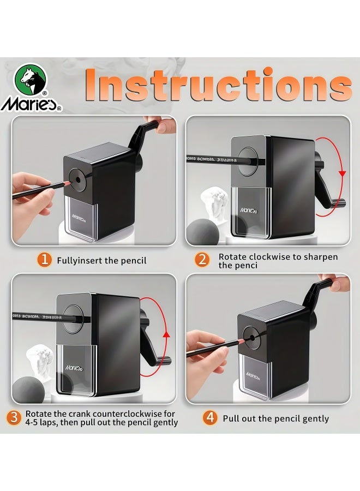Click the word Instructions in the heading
218,86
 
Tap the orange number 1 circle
44,260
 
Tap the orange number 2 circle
202,260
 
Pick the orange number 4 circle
210,418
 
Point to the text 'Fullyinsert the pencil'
101,260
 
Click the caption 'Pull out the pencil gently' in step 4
275,418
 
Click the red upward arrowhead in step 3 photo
167,334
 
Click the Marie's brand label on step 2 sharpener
251,209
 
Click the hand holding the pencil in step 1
33,191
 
